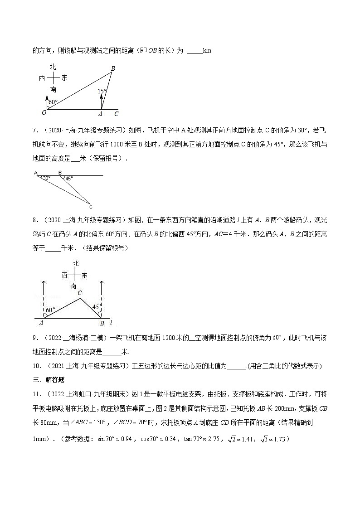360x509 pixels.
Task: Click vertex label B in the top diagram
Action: tap(113, 68)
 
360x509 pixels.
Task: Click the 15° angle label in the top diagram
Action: tap(102, 91)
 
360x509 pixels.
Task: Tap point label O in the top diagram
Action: tap(44, 113)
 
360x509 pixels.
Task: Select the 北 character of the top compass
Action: tap(53, 67)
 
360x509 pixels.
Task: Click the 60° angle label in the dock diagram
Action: tap(50, 310)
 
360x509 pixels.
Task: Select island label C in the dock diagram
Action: tap(79, 293)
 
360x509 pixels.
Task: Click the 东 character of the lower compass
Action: tap(84, 275)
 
